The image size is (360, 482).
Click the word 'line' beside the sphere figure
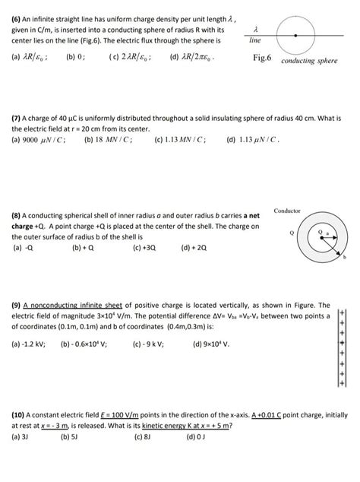coord(255,44)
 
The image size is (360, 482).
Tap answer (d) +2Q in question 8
coord(195,247)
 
